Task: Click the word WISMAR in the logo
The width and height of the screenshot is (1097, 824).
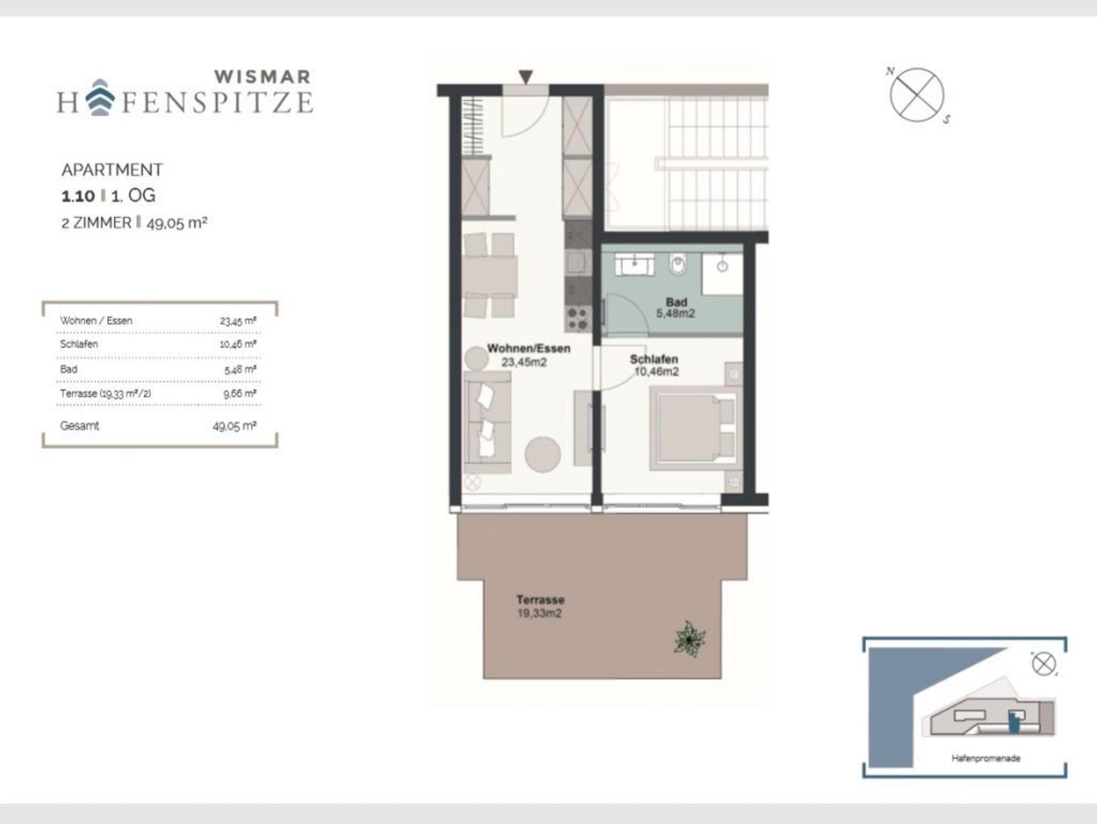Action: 262,77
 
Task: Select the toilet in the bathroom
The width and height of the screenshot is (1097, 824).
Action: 678,265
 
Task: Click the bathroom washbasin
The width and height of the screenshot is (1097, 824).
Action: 635,265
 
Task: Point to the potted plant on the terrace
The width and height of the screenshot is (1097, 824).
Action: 690,639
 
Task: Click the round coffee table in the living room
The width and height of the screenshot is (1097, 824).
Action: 543,454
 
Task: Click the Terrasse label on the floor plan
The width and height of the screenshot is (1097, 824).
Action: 540,600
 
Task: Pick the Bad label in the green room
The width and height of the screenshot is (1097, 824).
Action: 677,302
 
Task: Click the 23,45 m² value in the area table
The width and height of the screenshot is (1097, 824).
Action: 238,321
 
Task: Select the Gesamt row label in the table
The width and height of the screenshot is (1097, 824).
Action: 79,426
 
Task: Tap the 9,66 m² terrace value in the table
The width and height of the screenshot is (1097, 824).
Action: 240,394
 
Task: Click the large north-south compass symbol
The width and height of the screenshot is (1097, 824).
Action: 917,95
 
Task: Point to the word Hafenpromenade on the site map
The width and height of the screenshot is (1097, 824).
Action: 986,758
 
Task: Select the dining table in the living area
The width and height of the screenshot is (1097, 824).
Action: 490,275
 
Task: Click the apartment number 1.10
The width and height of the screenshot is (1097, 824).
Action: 78,196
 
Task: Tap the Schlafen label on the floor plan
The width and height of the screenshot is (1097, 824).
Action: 654,359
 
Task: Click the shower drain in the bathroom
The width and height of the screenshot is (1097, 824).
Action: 723,266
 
